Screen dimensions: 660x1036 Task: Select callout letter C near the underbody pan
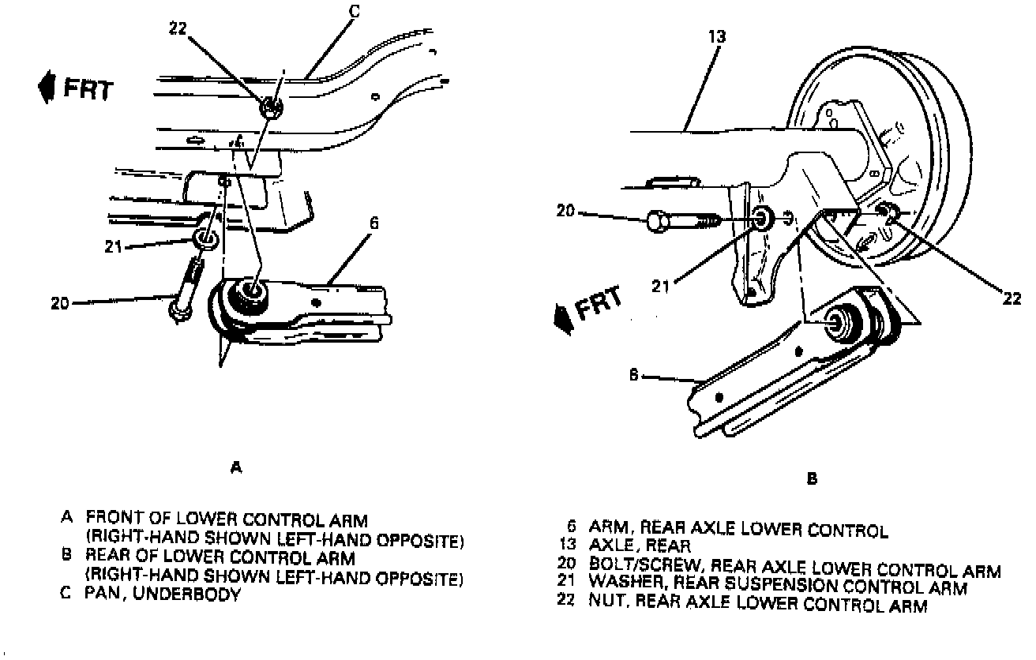coord(354,11)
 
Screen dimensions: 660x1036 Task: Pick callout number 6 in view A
coord(373,223)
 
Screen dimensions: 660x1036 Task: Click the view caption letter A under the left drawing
coord(235,468)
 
